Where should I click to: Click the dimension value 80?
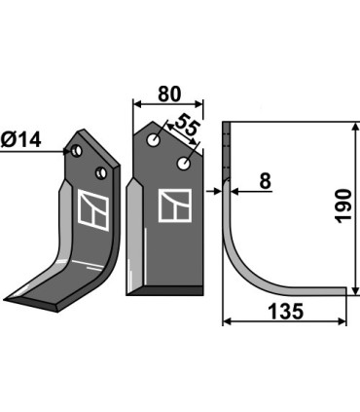pos(168,94)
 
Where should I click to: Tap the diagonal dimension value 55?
pos(186,126)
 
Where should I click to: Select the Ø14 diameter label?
pos(21,140)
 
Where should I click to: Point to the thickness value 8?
pos(265,181)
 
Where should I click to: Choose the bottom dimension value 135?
pos(285,312)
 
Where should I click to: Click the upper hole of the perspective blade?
pos(77,151)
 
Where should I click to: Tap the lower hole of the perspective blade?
pos(101,172)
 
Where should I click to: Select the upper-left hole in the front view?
pos(153,140)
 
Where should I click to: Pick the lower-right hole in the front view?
pos(184,164)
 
